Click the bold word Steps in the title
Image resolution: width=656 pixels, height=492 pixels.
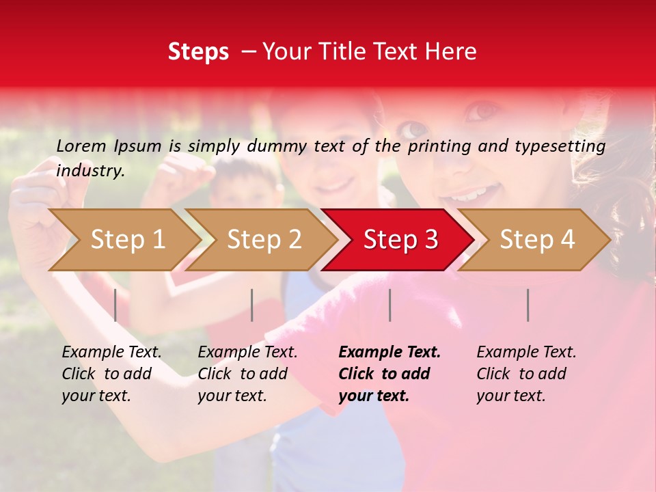point(198,52)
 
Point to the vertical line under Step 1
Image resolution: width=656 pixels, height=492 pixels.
point(115,305)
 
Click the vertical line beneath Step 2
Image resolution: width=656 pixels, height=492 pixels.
point(252,305)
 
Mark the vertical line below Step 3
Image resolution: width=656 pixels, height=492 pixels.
point(389,305)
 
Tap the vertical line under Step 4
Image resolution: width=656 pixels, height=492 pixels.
point(528,305)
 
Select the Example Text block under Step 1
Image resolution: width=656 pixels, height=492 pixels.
point(111,374)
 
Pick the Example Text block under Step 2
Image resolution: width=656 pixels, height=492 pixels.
point(247,374)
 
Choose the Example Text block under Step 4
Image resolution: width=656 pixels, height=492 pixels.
point(525,374)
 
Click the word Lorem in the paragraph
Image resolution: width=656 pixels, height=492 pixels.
point(81,146)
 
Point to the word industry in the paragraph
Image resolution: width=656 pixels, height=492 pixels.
point(89,170)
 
